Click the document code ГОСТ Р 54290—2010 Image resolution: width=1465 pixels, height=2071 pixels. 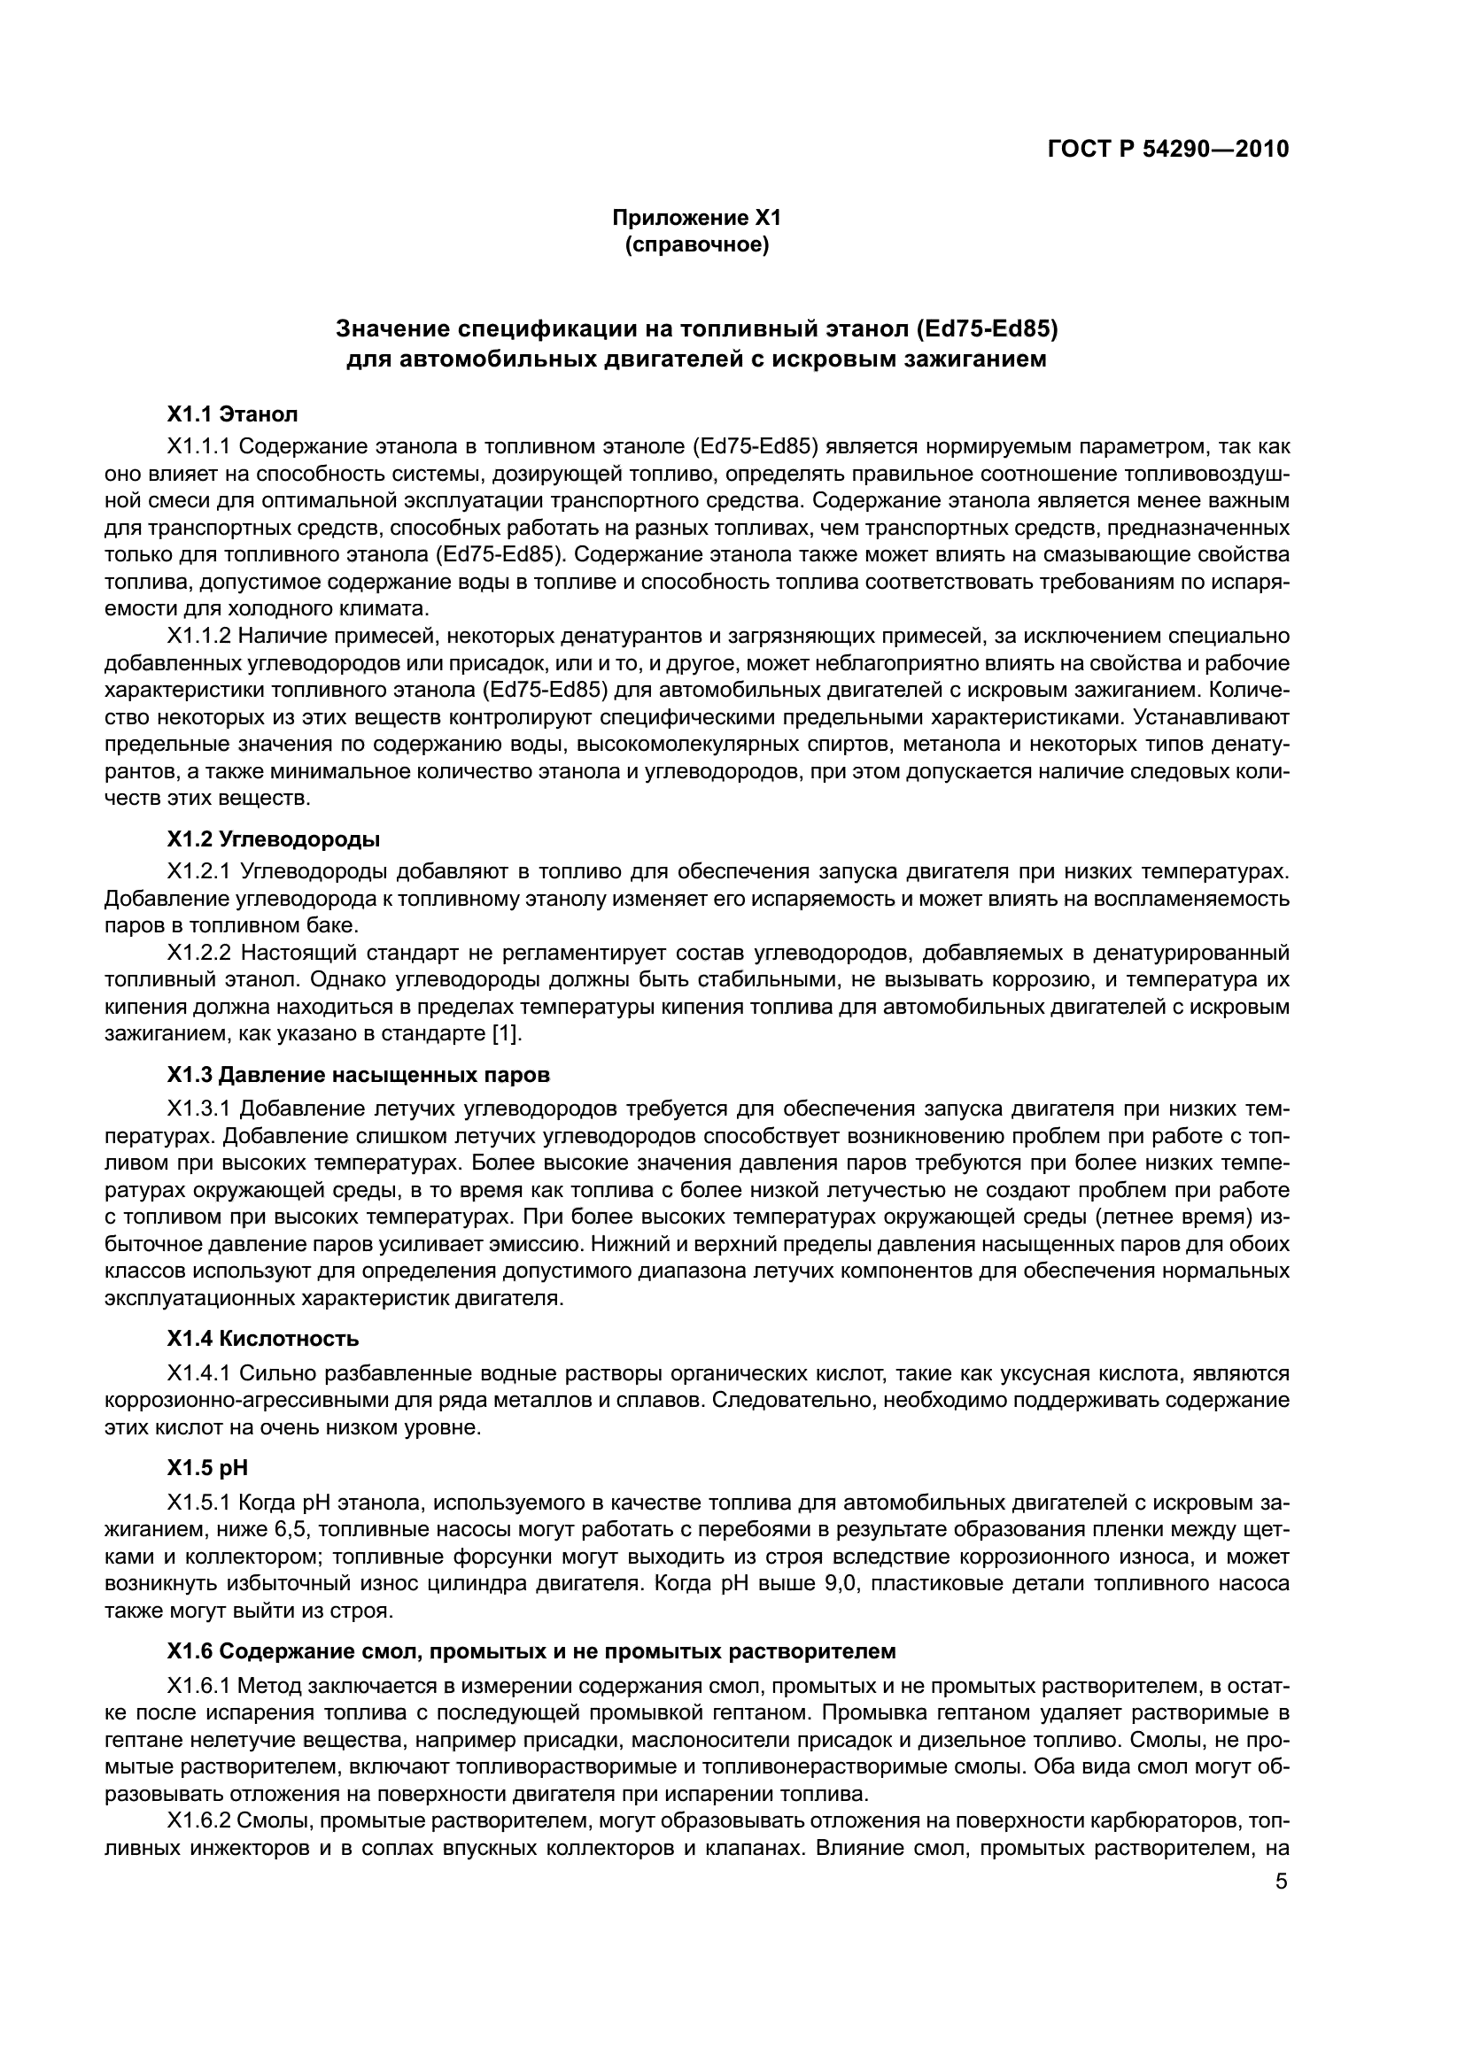1168,149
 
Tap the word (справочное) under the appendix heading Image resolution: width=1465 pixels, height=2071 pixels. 696,244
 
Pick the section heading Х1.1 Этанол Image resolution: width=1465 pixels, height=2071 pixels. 232,415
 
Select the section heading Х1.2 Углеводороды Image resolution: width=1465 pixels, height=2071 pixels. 273,838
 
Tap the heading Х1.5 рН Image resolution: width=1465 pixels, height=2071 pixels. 206,1468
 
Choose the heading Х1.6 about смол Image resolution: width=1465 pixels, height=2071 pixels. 531,1651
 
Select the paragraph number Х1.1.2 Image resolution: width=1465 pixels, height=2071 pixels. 199,637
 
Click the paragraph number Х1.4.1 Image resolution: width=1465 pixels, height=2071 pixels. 199,1373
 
